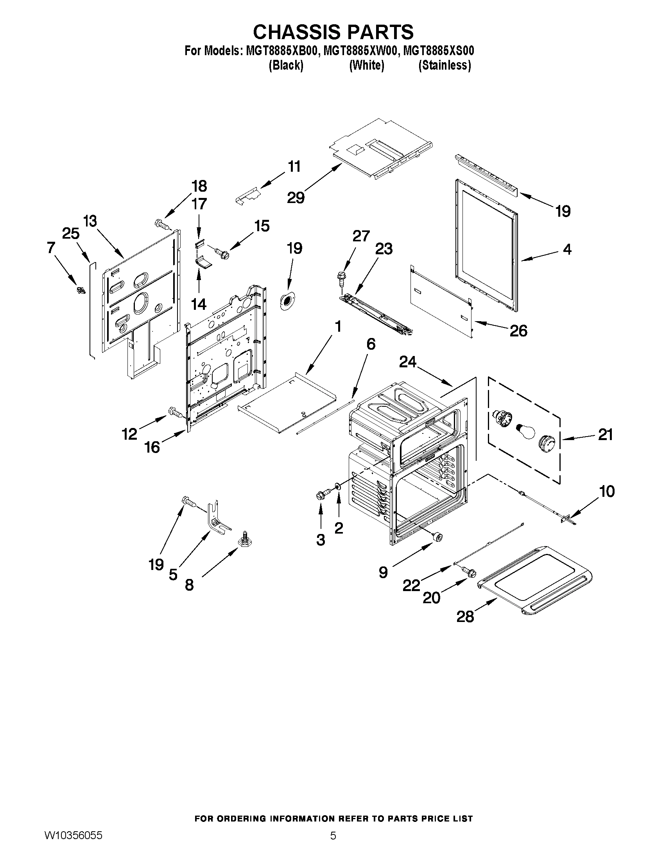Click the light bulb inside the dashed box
point(525,430)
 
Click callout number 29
point(296,197)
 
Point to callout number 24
point(407,362)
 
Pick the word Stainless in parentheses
point(445,65)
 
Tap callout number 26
point(518,331)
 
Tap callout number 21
point(605,435)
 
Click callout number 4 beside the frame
point(567,249)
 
